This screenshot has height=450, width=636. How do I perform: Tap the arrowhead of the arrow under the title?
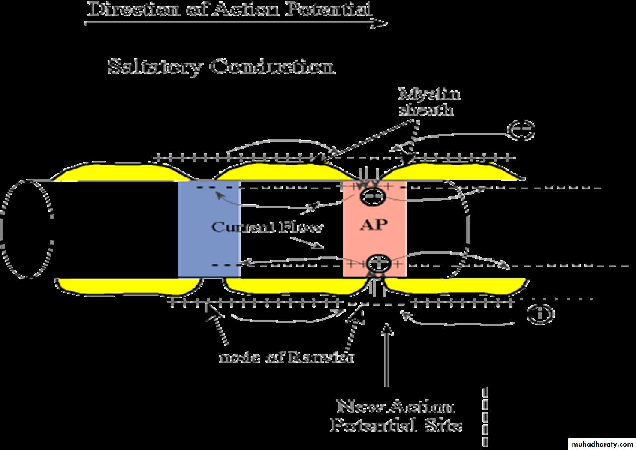coord(380,24)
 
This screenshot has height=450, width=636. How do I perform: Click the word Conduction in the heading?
coord(272,67)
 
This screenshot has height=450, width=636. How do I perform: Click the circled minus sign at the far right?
coord(521,129)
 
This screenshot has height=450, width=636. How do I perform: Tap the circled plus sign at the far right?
coord(540,314)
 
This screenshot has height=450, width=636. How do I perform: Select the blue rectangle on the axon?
coord(209,229)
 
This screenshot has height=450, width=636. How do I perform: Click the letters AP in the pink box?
coord(374,224)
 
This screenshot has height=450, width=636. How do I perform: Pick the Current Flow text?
coord(266,227)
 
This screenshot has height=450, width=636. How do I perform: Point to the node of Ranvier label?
coord(286,357)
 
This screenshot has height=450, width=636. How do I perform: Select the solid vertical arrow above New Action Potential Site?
coord(387,356)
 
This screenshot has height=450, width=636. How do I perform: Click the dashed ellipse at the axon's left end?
coord(27,229)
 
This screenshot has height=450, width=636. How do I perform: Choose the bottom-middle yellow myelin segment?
coord(292,286)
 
